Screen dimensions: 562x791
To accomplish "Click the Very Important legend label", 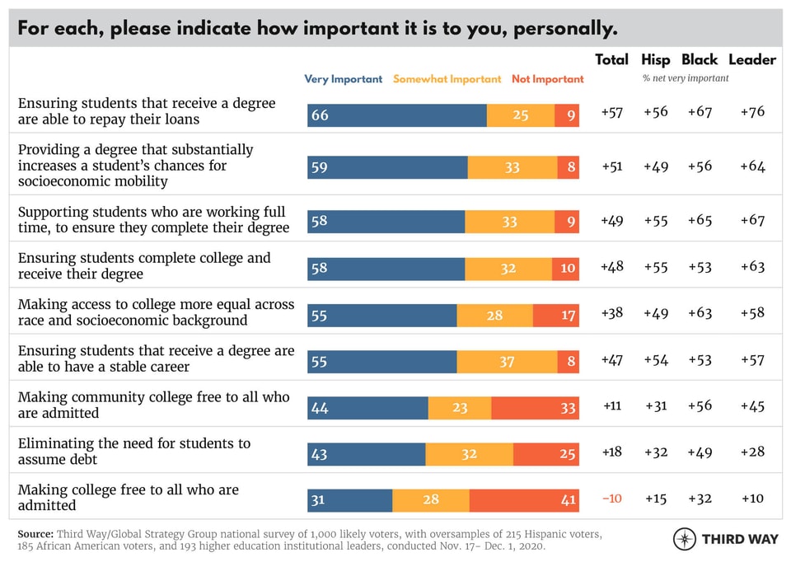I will [x=343, y=79].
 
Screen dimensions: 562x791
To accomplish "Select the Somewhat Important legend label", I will [x=447, y=79].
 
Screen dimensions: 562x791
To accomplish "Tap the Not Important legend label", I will [x=547, y=79].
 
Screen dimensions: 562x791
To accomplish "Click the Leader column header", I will [x=751, y=59].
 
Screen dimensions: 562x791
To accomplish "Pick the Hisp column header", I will [x=657, y=59].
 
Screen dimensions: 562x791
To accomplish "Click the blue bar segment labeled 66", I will [x=397, y=115].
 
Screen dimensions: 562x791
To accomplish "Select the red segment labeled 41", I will [x=524, y=501].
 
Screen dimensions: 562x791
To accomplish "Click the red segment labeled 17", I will [x=556, y=316].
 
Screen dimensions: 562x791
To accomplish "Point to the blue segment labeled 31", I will [x=350, y=501].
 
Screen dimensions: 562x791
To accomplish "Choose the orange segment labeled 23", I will [x=460, y=408].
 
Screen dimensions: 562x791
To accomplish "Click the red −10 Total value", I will [x=611, y=499].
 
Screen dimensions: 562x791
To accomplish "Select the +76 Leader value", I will [x=751, y=112].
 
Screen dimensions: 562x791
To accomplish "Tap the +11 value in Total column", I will [x=611, y=405].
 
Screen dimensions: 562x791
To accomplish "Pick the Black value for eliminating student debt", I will [x=700, y=452].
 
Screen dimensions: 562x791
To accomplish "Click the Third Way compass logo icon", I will [x=685, y=539].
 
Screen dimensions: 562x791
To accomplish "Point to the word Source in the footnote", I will [x=35, y=534].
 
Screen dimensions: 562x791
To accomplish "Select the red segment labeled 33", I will [x=535, y=408].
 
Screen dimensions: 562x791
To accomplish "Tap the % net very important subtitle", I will [x=686, y=78].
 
